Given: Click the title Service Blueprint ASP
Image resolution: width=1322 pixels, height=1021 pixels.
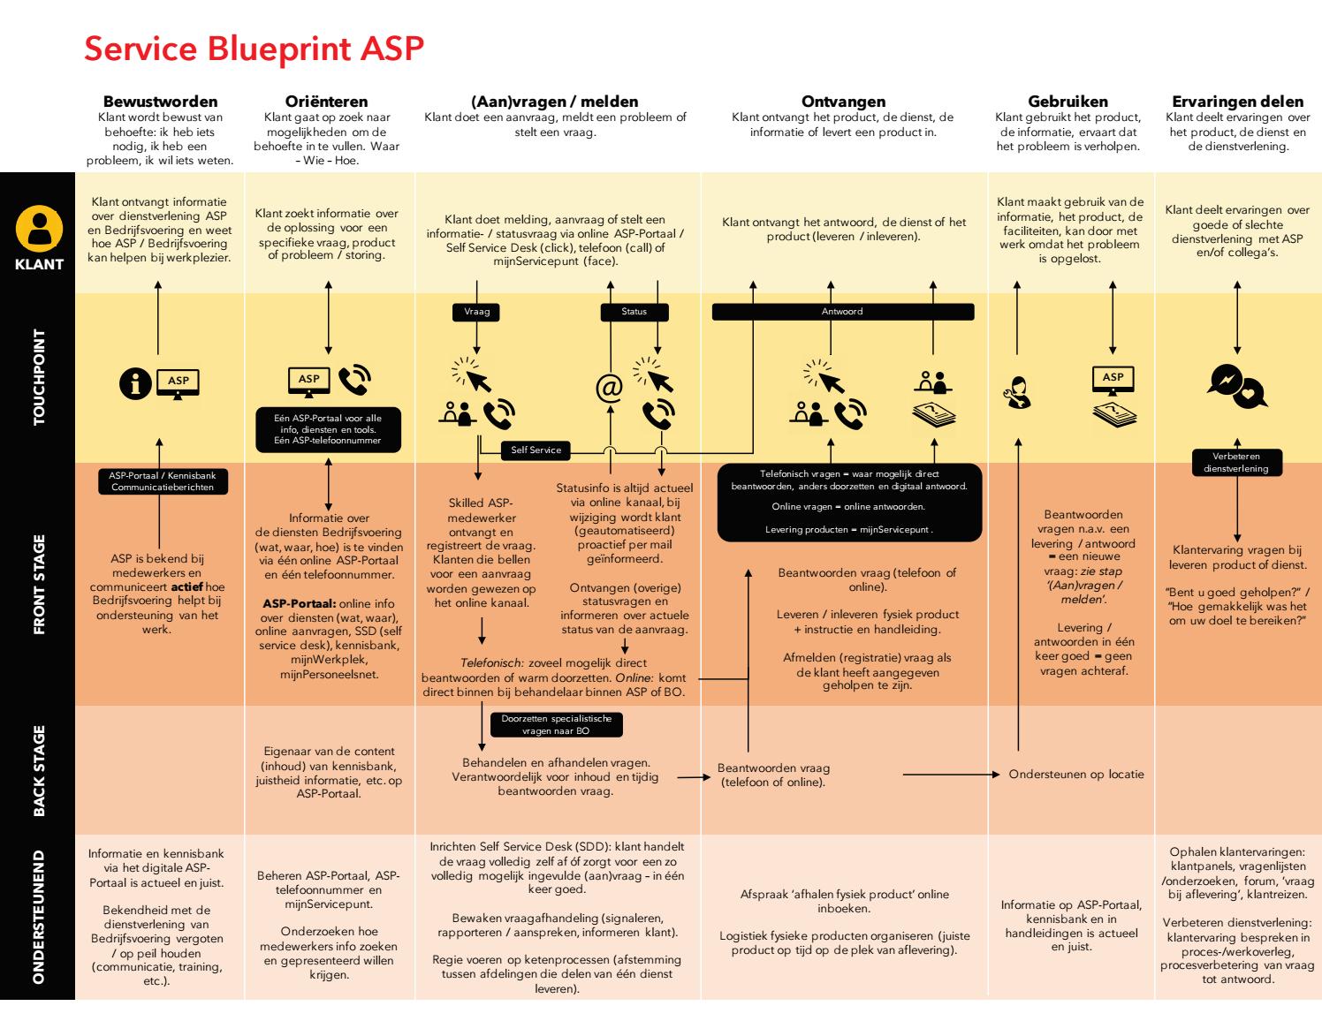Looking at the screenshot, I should pos(254,49).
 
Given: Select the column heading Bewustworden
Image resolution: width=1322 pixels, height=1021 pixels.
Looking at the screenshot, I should pos(160,102).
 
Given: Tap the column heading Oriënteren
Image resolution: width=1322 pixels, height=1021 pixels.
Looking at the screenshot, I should pos(327,102).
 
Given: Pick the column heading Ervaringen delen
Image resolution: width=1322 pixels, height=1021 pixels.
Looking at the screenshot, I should pos(1237,102).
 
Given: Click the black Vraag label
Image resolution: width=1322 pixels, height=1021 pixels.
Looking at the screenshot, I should pos(476,312).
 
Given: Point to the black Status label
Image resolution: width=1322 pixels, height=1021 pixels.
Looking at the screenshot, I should pos(634,312).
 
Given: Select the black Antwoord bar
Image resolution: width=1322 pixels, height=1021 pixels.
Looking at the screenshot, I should pos(842,312).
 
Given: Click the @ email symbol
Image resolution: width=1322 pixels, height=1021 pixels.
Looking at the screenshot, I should pos(609,388).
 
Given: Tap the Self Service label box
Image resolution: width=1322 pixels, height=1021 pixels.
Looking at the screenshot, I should pos(536,450).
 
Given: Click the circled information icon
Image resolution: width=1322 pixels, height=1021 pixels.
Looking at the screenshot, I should pos(135,384).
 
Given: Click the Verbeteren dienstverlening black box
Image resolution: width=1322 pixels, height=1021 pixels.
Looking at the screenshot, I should pos(1236,463).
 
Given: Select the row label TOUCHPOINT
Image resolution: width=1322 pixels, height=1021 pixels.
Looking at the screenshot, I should pos(39,377).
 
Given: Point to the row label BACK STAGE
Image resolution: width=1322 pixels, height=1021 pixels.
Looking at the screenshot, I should pos(39,770).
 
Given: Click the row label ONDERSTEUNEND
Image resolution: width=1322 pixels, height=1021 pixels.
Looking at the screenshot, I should pos(39,917).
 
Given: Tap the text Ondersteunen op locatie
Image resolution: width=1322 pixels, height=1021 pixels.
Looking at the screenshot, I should pos(1076,775).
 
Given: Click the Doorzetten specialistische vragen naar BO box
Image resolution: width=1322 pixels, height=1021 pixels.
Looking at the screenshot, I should pos(556,725).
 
